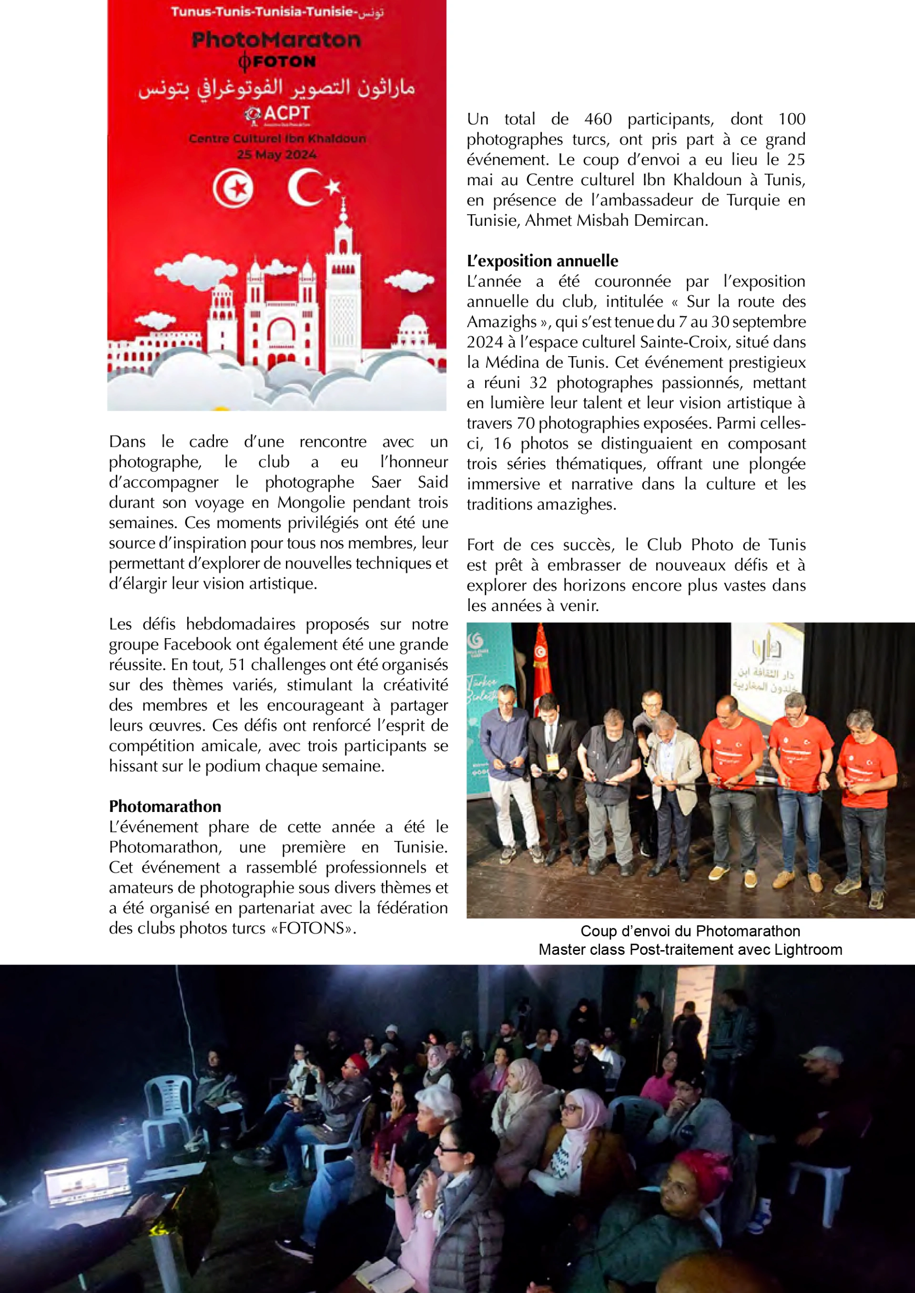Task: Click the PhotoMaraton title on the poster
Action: coord(275,40)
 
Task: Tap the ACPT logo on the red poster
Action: coord(278,114)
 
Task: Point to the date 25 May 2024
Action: coord(276,155)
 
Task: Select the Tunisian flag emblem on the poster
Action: coord(233,188)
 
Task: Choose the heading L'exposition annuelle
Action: coord(542,261)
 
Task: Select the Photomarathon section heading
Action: coord(165,806)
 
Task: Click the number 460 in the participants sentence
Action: coord(598,120)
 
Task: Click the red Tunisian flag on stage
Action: coord(541,664)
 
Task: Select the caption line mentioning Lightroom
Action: coord(690,950)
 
